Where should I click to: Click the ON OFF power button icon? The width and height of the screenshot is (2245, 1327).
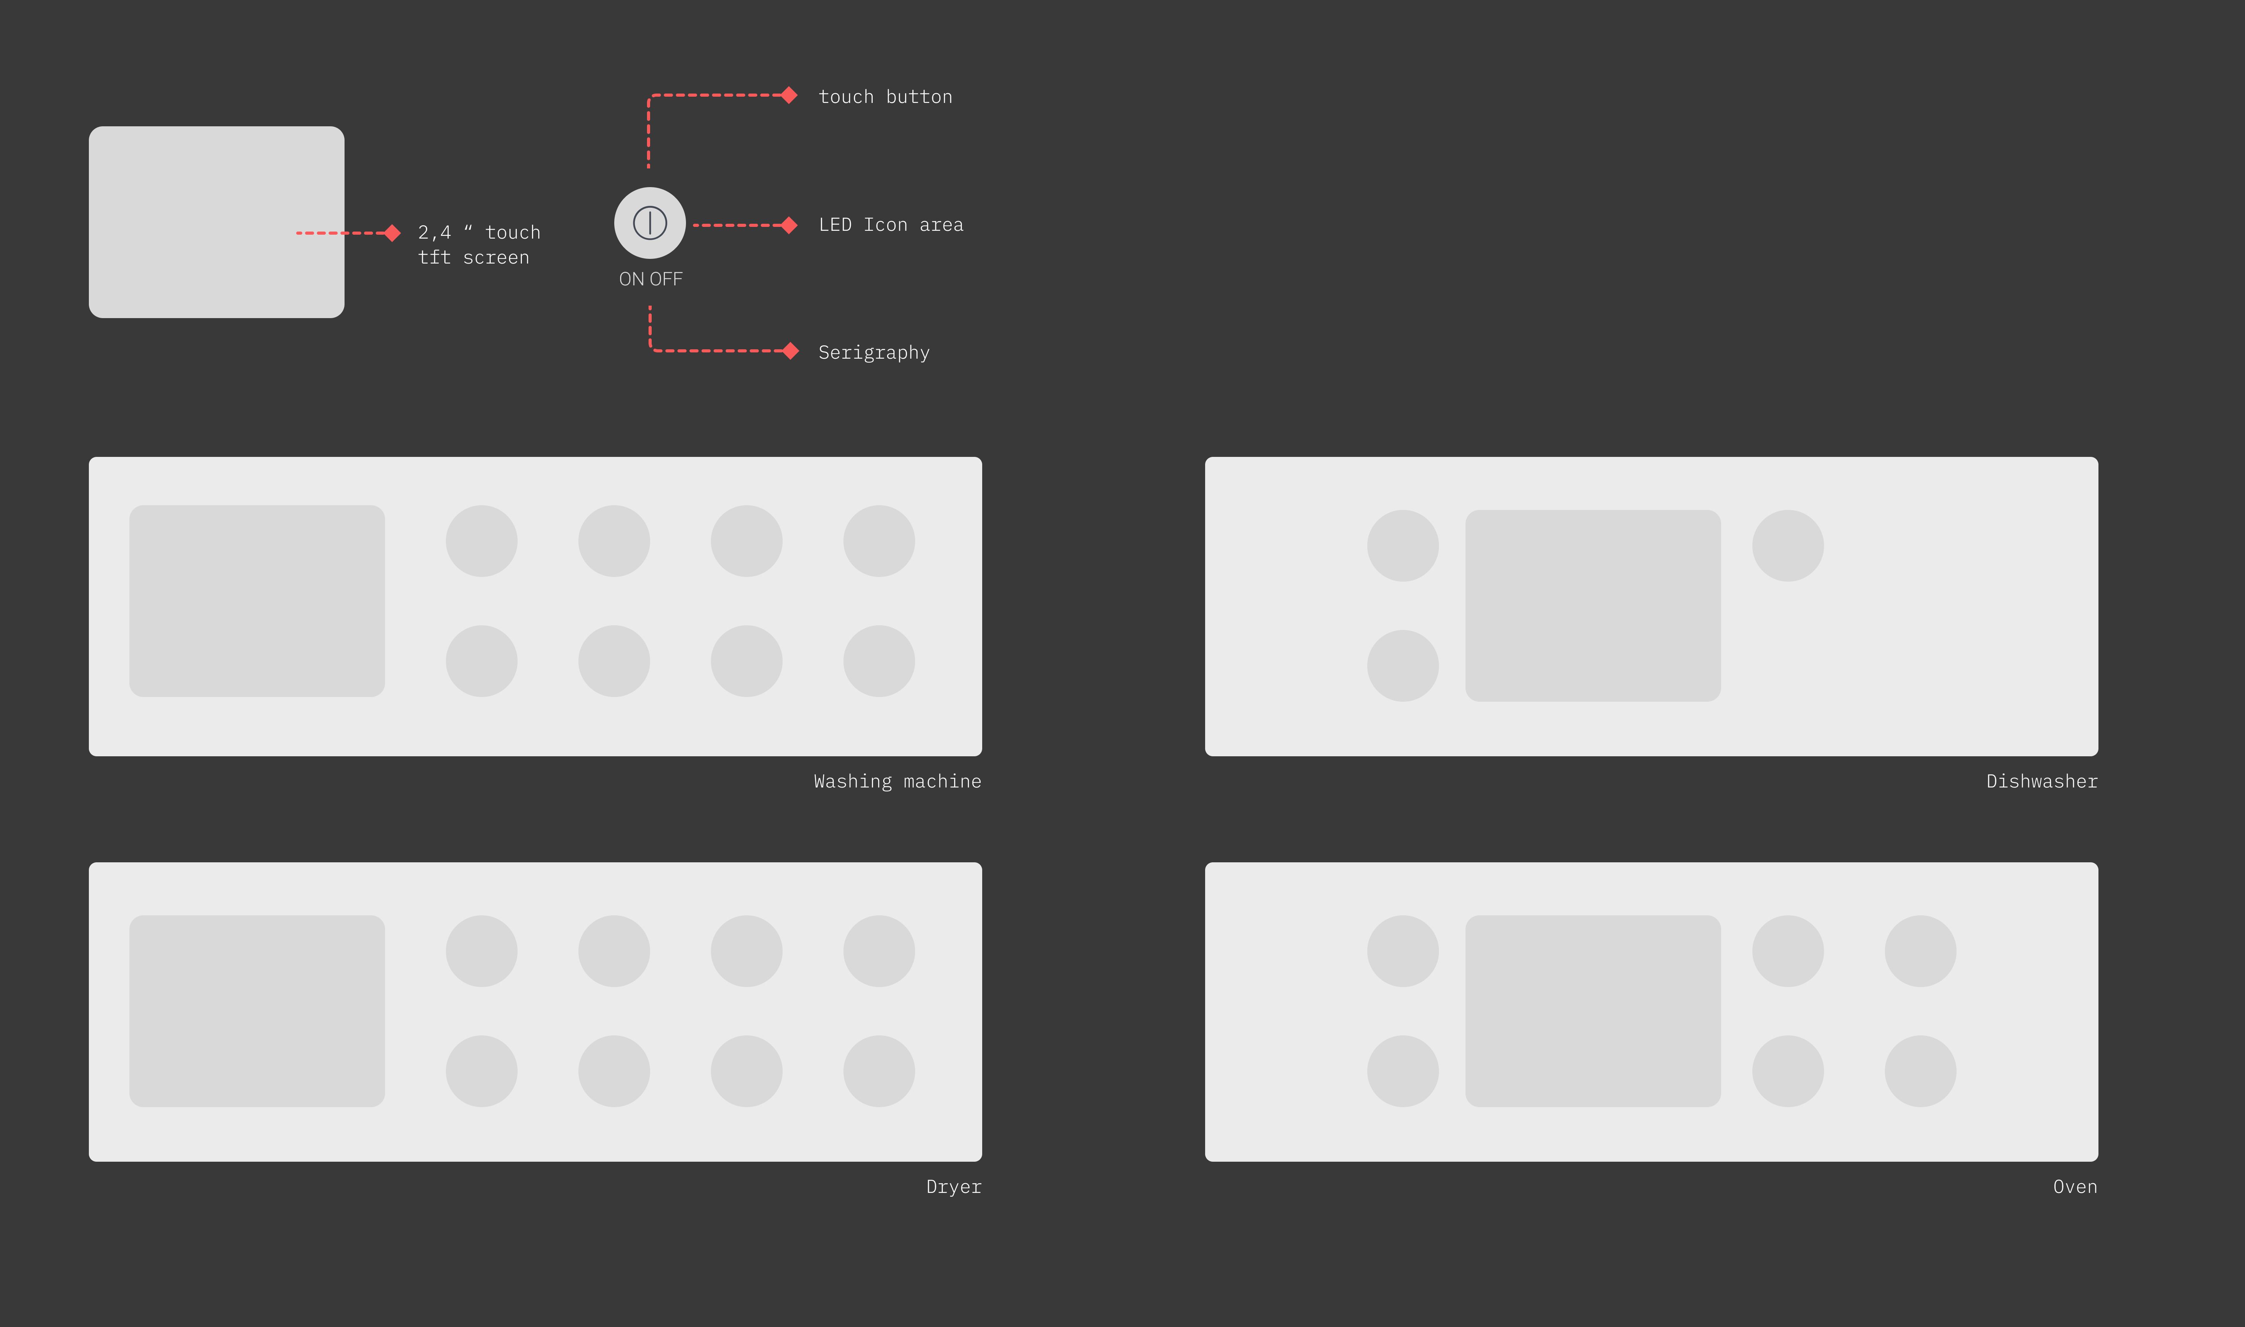pyautogui.click(x=650, y=223)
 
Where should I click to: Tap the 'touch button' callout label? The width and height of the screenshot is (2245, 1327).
pyautogui.click(x=885, y=97)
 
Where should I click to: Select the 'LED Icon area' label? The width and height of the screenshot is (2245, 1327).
pyautogui.click(x=891, y=225)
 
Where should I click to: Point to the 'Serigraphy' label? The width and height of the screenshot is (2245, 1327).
pyautogui.click(x=873, y=352)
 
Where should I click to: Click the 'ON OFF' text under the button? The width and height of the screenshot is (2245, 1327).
pyautogui.click(x=650, y=279)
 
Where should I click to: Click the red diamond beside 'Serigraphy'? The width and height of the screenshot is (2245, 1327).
pyautogui.click(x=790, y=350)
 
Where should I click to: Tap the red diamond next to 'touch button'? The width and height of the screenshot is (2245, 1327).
pyautogui.click(x=788, y=95)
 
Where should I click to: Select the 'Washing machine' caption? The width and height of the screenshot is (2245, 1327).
pyautogui.click(x=897, y=782)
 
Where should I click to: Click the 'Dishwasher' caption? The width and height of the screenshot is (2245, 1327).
pyautogui.click(x=2041, y=782)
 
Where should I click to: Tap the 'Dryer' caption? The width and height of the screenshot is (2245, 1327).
pyautogui.click(x=953, y=1187)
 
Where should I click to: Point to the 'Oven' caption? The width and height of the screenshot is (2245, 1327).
pyautogui.click(x=2074, y=1187)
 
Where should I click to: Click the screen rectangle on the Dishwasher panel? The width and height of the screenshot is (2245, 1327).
pyautogui.click(x=1592, y=605)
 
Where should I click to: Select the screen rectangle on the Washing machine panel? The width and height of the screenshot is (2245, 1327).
pyautogui.click(x=256, y=601)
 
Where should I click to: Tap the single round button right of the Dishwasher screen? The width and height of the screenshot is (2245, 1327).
pyautogui.click(x=1787, y=545)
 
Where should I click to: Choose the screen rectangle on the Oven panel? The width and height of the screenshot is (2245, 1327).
pyautogui.click(x=1592, y=1010)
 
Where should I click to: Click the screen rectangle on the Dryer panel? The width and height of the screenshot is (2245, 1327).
pyautogui.click(x=256, y=1010)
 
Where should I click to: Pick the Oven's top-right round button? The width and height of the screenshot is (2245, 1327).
pyautogui.click(x=1920, y=950)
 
